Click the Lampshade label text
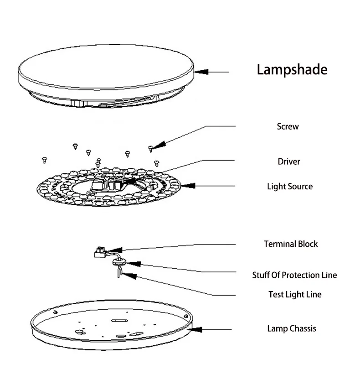[292, 70]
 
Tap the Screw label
[288, 126]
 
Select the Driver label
[289, 161]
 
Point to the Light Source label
[290, 187]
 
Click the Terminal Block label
[291, 244]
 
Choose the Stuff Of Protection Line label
[294, 275]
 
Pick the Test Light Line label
[295, 294]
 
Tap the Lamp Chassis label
[291, 328]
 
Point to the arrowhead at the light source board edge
[187, 186]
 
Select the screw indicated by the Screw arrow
[150, 148]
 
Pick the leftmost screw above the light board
[45, 159]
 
